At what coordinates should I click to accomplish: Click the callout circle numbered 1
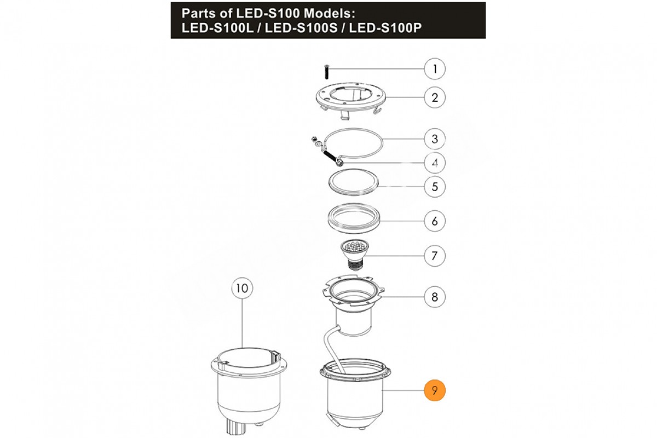pyautogui.click(x=435, y=69)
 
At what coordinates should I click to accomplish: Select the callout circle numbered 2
pyautogui.click(x=435, y=97)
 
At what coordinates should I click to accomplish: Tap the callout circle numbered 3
pyautogui.click(x=435, y=139)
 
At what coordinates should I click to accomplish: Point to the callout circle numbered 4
pyautogui.click(x=435, y=163)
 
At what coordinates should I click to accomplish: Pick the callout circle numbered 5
pyautogui.click(x=435, y=187)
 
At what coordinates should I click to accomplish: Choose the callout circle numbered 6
pyautogui.click(x=435, y=221)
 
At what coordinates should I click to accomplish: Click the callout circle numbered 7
pyautogui.click(x=435, y=256)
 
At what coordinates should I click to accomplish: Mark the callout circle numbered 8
pyautogui.click(x=435, y=297)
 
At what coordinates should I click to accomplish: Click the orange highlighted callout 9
pyautogui.click(x=435, y=390)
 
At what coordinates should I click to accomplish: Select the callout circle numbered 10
pyautogui.click(x=242, y=288)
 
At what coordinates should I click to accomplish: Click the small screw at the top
pyautogui.click(x=327, y=72)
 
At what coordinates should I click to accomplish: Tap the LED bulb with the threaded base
pyautogui.click(x=354, y=255)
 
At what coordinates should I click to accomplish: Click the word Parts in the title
pyautogui.click(x=200, y=13)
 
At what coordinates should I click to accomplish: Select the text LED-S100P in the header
pyautogui.click(x=385, y=28)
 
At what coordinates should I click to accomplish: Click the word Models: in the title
pyautogui.click(x=330, y=13)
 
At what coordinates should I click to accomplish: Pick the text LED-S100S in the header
pyautogui.click(x=301, y=28)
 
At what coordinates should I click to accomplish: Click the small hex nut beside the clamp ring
pyautogui.click(x=314, y=138)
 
